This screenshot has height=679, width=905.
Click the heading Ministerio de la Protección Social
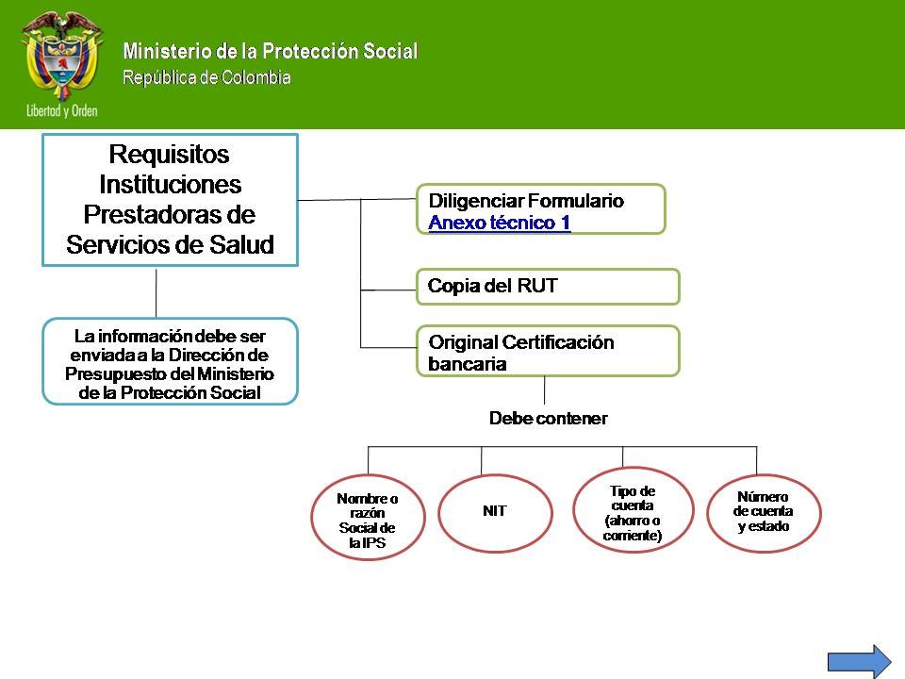[x=270, y=52]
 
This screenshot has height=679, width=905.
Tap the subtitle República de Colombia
[x=206, y=77]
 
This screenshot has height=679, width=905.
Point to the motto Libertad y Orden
[x=61, y=110]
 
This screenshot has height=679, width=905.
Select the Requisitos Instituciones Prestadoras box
[x=170, y=199]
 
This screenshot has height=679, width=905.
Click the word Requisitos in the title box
[x=170, y=154]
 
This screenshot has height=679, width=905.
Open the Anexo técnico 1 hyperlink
[x=499, y=223]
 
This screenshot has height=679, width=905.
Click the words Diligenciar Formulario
[x=526, y=201]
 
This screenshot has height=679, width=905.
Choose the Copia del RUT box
[x=547, y=287]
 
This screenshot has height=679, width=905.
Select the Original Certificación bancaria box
[x=547, y=352]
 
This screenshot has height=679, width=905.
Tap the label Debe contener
[x=548, y=419]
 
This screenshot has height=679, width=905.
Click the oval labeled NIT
[x=495, y=511]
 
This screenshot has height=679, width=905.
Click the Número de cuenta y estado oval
[x=764, y=511]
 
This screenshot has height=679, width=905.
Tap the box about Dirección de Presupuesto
[x=170, y=363]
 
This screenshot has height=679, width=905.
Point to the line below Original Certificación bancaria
[x=545, y=390]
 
